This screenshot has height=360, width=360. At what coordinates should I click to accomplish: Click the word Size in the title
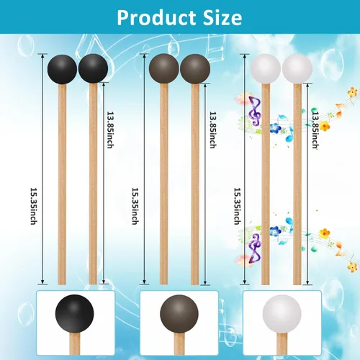tap(222, 17)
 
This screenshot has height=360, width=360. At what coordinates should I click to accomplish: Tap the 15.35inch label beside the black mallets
tap(34, 206)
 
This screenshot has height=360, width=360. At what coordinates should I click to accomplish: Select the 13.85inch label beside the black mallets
tap(110, 130)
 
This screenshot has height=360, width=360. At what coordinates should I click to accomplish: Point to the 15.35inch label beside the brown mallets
tap(136, 206)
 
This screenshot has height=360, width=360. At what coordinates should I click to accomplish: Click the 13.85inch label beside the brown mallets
tap(213, 130)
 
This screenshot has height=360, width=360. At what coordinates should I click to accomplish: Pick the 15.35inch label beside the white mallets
tap(238, 206)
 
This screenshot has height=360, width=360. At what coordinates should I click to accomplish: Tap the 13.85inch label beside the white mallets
tap(315, 130)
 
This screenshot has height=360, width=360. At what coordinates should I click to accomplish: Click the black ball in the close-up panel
tap(75, 314)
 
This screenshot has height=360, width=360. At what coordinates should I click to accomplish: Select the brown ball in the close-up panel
tap(179, 314)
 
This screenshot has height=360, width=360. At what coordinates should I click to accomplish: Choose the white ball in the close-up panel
tap(282, 314)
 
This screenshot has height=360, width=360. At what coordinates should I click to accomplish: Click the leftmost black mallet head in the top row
tap(62, 69)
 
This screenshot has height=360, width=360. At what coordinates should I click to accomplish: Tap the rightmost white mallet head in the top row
tap(297, 68)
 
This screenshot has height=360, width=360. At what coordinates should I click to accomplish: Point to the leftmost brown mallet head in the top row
tap(164, 68)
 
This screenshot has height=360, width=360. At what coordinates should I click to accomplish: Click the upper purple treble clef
tap(255, 111)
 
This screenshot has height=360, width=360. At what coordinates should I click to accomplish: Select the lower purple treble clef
tap(255, 248)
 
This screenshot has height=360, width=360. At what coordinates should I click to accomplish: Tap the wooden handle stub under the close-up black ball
tap(75, 343)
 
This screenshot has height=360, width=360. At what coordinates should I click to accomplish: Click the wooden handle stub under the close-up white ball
tap(282, 343)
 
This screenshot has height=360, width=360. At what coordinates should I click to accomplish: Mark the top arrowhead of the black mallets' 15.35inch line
tap(42, 56)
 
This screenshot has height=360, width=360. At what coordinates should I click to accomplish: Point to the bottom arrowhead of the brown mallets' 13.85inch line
tap(205, 282)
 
